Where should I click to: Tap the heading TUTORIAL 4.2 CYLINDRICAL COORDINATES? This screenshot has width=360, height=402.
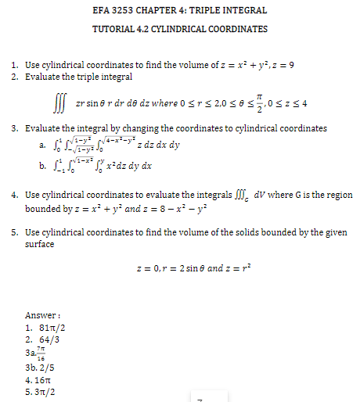pyautogui.click(x=180, y=29)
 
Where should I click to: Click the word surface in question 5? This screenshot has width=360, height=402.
pyautogui.click(x=41, y=244)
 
